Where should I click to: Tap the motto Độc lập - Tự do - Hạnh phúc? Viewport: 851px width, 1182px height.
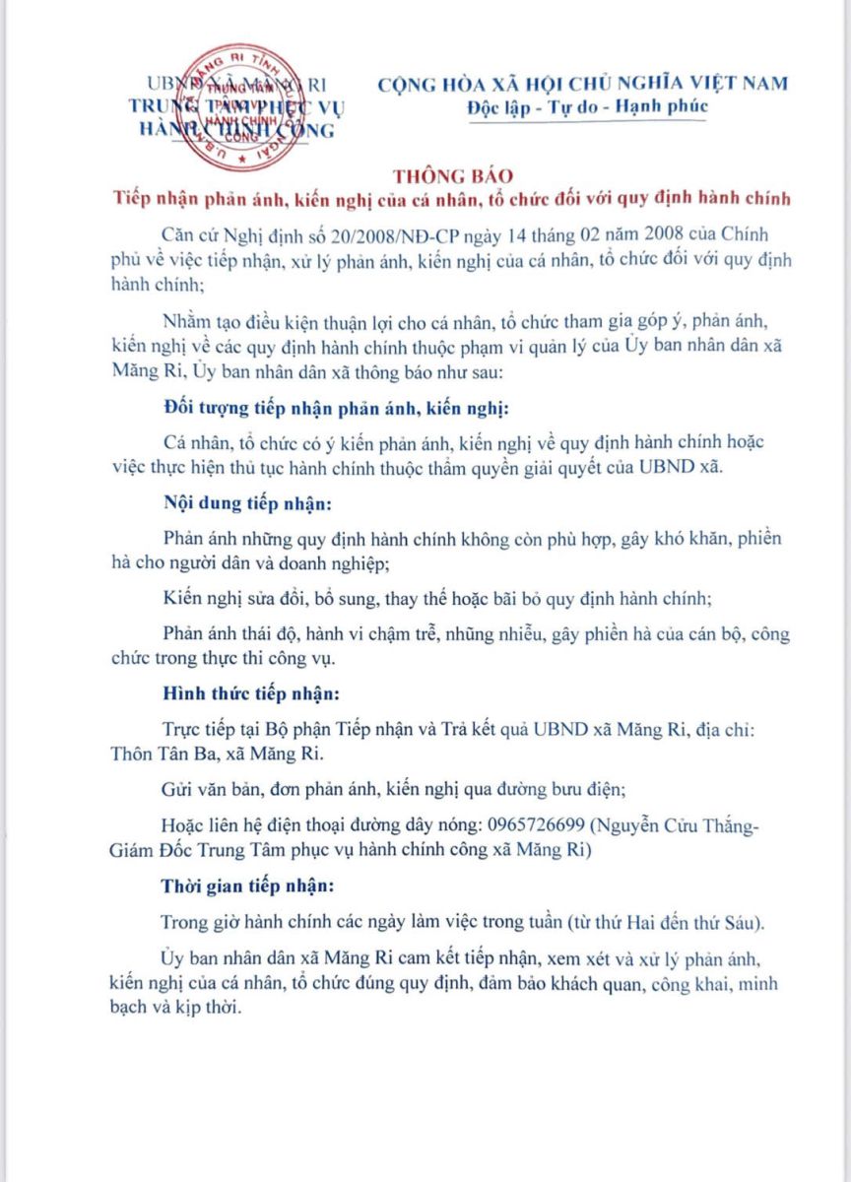[x=587, y=106]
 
